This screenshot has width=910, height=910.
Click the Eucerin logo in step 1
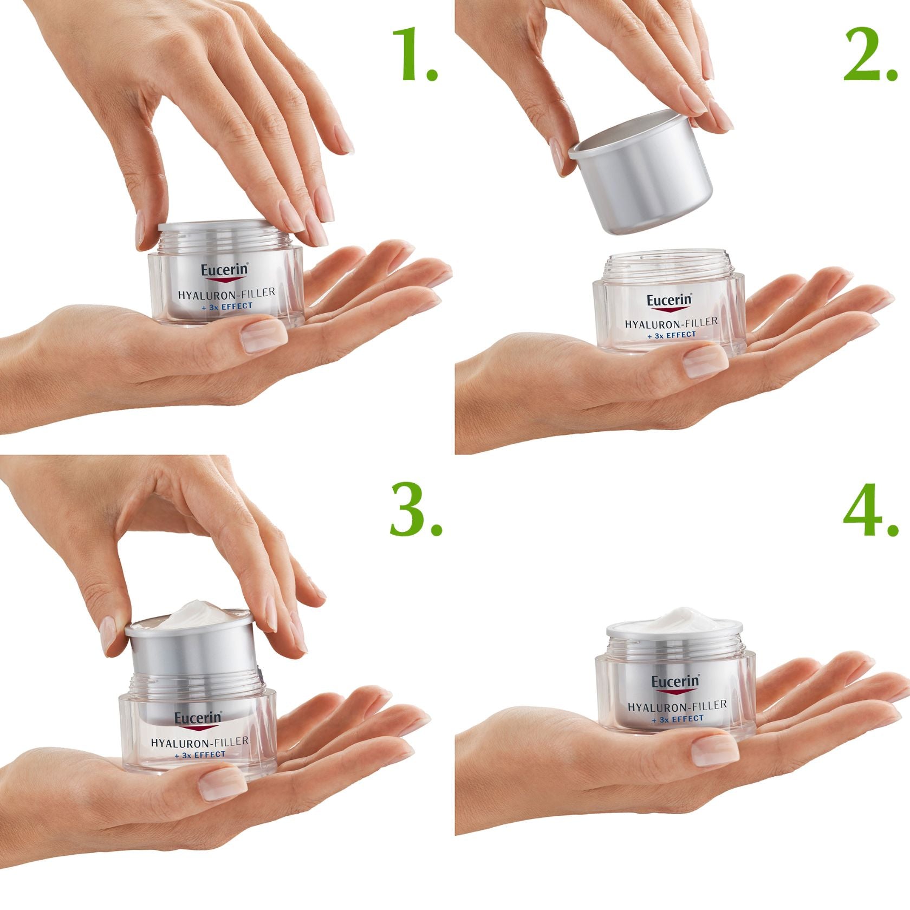tap(224, 270)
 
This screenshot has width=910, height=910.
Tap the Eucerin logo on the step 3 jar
tap(198, 718)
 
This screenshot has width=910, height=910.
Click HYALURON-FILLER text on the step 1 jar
tap(226, 294)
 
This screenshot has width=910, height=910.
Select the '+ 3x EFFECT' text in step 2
tap(672, 335)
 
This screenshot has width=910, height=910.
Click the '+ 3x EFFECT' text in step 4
tap(678, 719)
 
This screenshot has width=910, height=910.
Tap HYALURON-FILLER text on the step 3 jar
tap(199, 742)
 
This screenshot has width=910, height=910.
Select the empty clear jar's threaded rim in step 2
tap(667, 264)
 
